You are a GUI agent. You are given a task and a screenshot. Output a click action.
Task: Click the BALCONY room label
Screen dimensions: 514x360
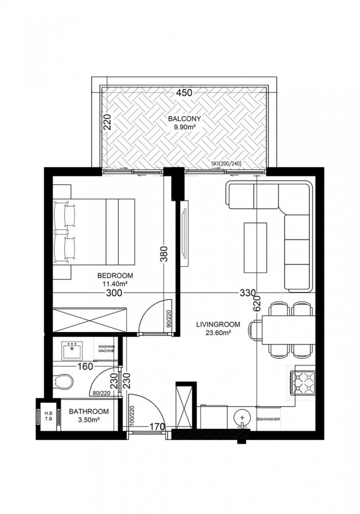click(183, 118)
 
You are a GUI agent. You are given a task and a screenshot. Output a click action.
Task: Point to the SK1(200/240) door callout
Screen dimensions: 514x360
click(226, 164)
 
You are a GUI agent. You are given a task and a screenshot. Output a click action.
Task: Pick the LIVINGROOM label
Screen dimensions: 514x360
click(215, 324)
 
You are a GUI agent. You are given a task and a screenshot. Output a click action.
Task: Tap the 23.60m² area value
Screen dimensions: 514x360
click(215, 333)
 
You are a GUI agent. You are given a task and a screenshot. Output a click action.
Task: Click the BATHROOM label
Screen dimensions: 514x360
click(89, 412)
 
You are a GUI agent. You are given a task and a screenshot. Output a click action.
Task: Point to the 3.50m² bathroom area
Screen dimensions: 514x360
click(89, 419)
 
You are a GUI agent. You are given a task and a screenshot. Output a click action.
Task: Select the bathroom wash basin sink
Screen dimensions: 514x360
click(71, 351)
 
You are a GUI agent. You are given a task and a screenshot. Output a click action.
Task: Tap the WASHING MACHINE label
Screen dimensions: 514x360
click(107, 349)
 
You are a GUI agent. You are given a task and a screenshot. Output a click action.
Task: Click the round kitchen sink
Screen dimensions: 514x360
click(241, 417)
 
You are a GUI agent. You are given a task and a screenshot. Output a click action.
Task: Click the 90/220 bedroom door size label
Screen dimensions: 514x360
click(168, 321)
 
